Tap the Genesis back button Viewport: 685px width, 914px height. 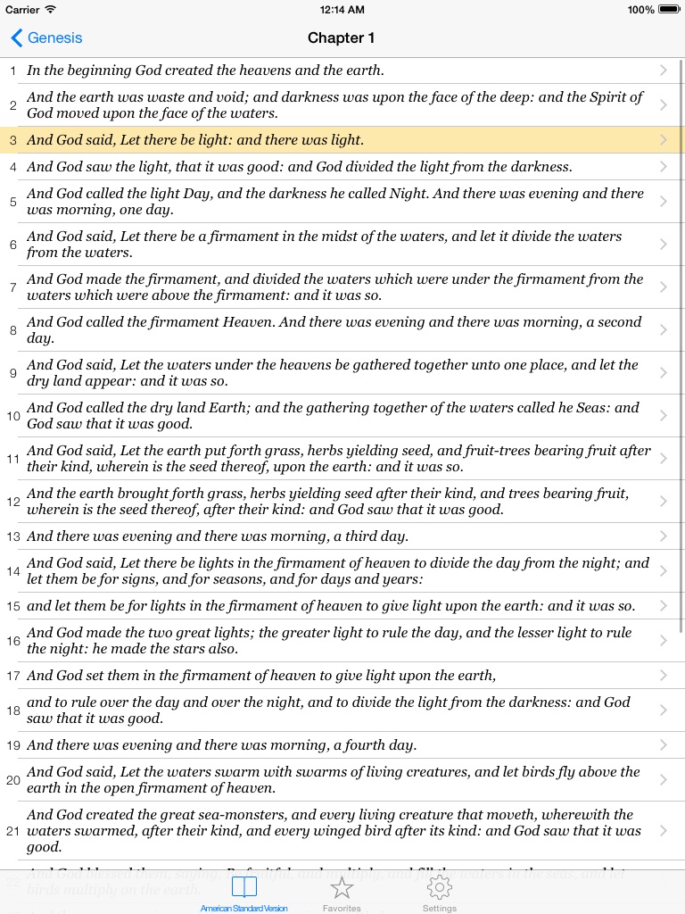point(46,37)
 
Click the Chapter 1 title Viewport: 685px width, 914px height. point(342,37)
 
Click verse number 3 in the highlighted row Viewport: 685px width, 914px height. point(13,140)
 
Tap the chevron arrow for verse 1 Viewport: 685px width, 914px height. point(664,70)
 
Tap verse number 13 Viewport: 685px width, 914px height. point(13,536)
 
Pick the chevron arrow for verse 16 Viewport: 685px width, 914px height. point(664,641)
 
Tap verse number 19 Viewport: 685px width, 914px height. point(13,745)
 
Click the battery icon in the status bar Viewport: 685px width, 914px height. point(667,10)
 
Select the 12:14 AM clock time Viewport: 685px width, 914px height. point(342,10)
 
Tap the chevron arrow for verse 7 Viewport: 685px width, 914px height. point(664,287)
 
